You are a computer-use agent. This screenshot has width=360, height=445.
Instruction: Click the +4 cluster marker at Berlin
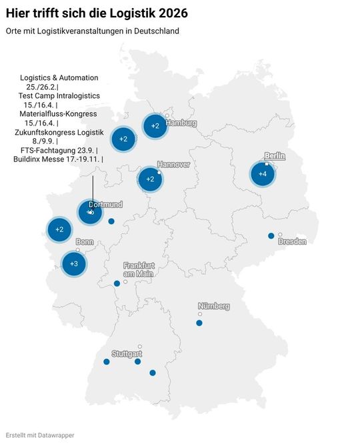pyautogui.click(x=263, y=174)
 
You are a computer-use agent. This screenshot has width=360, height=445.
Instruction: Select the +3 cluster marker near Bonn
pyautogui.click(x=74, y=264)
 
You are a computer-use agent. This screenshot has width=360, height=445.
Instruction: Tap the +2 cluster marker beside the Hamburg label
pyautogui.click(x=155, y=125)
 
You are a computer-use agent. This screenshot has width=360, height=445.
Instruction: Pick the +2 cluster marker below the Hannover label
pyautogui.click(x=150, y=179)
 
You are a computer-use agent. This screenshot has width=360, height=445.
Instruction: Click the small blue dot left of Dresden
pyautogui.click(x=271, y=236)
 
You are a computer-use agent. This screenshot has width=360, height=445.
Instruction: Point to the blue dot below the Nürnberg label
pyautogui.click(x=199, y=323)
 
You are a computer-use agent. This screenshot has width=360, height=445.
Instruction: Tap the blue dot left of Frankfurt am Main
pyautogui.click(x=117, y=284)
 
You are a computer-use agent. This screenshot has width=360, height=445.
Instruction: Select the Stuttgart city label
pyautogui.click(x=127, y=353)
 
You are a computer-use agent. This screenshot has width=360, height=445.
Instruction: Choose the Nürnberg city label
pyautogui.click(x=213, y=306)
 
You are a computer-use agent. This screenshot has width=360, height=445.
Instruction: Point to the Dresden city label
pyautogui.click(x=292, y=242)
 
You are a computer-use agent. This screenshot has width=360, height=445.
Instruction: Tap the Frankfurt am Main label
pyautogui.click(x=138, y=270)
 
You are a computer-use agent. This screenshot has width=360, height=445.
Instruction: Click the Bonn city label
pyautogui.click(x=85, y=242)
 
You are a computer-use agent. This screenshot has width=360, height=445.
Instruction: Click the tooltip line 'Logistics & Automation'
pyautogui.click(x=59, y=78)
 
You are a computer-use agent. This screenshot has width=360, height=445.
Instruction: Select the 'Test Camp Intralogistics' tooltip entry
pyautogui.click(x=59, y=96)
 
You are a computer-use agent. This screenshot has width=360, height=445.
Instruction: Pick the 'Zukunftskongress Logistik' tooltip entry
pyautogui.click(x=59, y=132)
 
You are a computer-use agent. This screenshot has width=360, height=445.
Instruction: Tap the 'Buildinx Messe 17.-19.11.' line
pyautogui.click(x=57, y=159)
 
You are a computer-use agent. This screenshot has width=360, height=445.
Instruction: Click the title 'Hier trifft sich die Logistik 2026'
pyautogui.click(x=97, y=13)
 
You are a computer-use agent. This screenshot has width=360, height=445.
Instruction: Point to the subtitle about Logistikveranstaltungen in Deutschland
pyautogui.click(x=92, y=31)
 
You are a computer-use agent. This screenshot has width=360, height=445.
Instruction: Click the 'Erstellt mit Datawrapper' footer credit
pyautogui.click(x=40, y=435)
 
